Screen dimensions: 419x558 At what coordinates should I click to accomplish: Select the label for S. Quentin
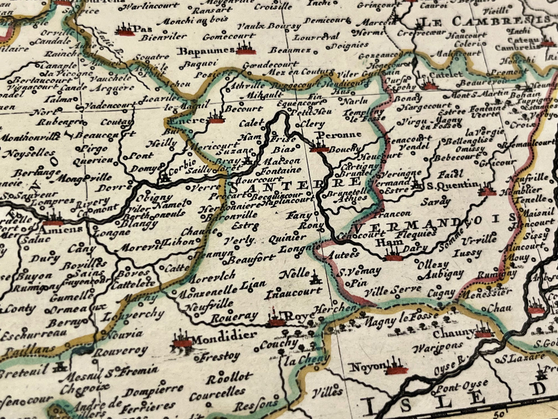452,185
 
